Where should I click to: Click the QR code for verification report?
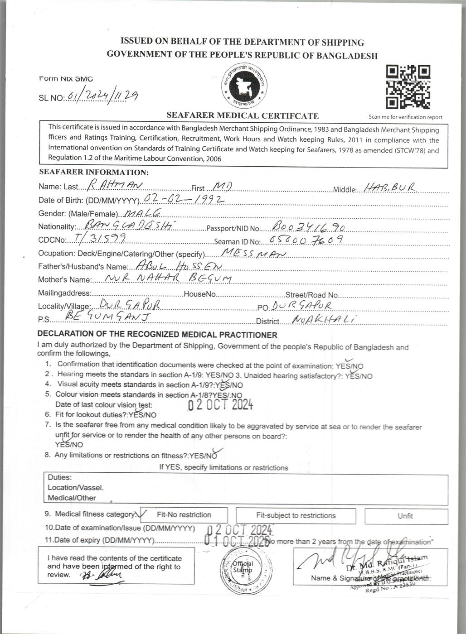coord(408,87)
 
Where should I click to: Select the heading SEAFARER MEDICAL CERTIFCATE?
coord(243,115)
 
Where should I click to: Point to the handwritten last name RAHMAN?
coord(115,185)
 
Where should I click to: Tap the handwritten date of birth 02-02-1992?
coord(184,200)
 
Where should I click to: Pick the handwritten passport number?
coord(309,226)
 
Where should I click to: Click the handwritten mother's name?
coord(168,278)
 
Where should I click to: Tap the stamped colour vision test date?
coord(220,404)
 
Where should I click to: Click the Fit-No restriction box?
coord(184,515)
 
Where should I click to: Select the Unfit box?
coord(405,516)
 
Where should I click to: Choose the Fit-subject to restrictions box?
coord(296,515)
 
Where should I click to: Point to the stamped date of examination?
coord(240,529)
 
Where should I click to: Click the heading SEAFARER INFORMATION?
coord(94,172)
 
